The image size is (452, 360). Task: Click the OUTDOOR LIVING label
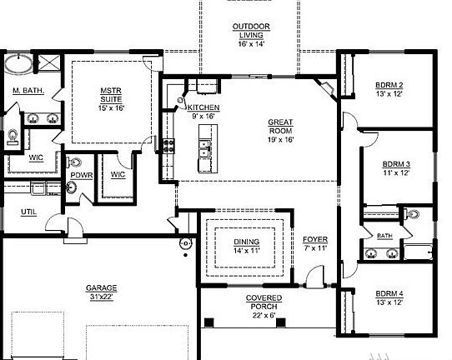250,30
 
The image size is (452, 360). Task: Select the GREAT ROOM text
280,127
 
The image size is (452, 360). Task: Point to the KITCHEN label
203,108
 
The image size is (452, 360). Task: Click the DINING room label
247,242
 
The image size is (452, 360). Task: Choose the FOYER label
315,241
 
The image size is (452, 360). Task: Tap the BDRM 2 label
389,85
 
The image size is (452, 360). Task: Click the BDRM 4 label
389,294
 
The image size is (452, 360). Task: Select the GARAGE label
102,288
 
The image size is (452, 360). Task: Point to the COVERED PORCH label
264,302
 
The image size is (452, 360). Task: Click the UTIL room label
28,212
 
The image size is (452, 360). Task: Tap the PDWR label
81,175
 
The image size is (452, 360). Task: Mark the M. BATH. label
28,90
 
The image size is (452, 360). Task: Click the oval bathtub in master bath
18,64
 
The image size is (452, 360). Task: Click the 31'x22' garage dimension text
102,297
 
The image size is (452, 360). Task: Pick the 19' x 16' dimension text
280,141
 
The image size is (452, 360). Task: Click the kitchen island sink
203,150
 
